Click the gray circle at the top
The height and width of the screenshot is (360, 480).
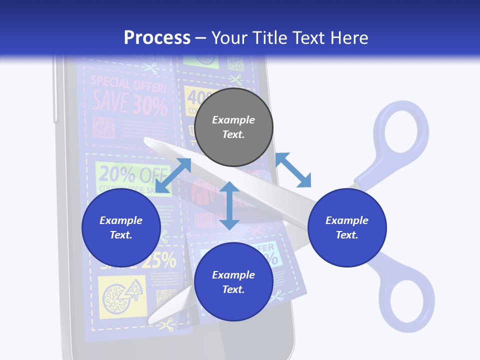click(x=233, y=127)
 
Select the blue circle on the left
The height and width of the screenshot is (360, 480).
click(x=121, y=227)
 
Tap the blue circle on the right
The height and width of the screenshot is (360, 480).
click(x=347, y=227)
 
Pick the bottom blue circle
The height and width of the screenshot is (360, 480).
click(x=233, y=282)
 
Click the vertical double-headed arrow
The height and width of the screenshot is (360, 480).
click(x=229, y=205)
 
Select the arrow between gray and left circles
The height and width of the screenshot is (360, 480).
click(x=173, y=175)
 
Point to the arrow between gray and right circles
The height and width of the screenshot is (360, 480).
click(x=293, y=170)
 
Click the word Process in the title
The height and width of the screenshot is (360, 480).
click(x=157, y=37)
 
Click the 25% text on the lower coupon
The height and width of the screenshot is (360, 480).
click(x=161, y=260)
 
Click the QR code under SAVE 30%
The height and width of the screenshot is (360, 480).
click(x=104, y=127)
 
